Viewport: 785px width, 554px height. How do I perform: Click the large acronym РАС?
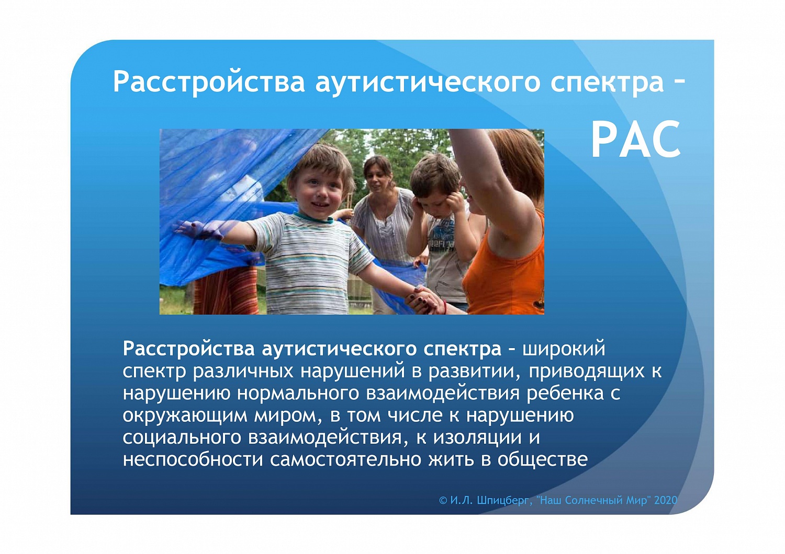coord(636,140)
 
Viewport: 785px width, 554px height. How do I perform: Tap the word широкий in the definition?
coord(564,349)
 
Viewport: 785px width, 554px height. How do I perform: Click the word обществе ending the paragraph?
coord(543,460)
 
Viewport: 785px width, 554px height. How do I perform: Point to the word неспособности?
coord(193,460)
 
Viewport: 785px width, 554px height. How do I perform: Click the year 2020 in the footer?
coord(665,500)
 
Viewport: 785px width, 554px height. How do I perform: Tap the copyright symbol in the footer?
coord(443,500)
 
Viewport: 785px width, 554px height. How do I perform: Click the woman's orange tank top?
coord(508,272)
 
